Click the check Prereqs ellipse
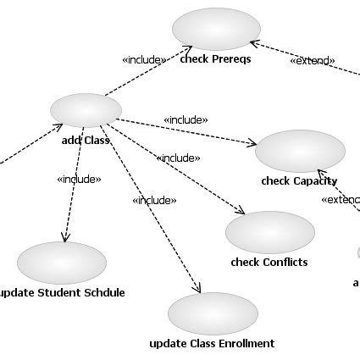tap(216, 29)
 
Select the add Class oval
tap(86, 110)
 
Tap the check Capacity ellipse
tap(300, 151)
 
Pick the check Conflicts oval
tap(269, 231)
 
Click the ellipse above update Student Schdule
tap(62, 263)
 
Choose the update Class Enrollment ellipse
tap(213, 314)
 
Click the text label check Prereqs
tap(215, 59)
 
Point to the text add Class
tap(86, 140)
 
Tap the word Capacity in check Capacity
tap(315, 181)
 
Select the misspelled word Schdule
tap(104, 293)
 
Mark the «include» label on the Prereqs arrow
tap(144, 59)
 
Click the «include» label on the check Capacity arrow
tap(185, 120)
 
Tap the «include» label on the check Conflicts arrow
tap(178, 158)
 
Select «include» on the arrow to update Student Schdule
tap(79, 180)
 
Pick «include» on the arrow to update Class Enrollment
tap(154, 201)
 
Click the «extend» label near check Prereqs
tap(312, 60)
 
